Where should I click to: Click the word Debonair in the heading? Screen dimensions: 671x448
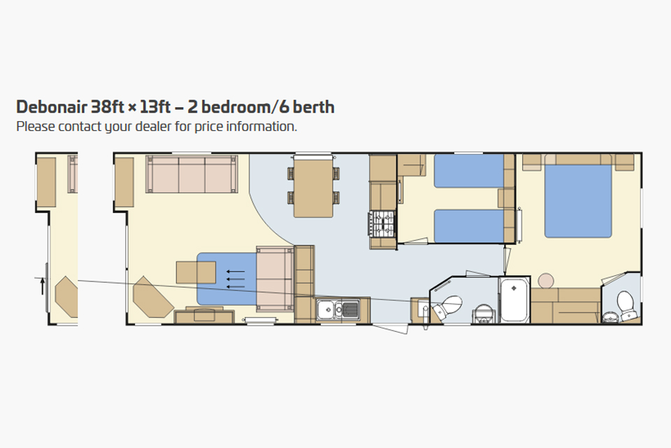52,106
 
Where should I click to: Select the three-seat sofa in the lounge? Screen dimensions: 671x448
192,174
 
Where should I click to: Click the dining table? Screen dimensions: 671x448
313,186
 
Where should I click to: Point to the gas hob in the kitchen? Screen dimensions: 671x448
382,224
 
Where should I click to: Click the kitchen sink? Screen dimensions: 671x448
338,309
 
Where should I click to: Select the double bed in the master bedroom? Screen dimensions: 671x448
578,201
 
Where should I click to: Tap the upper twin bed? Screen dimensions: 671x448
469,171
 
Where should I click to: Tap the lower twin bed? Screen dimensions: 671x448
469,226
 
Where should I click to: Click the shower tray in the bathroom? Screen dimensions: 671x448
514,300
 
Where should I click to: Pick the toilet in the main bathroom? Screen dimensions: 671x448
448,306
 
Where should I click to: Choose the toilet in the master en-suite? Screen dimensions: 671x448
626,305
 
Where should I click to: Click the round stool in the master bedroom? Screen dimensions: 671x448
546,281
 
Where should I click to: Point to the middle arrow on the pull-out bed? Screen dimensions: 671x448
236,279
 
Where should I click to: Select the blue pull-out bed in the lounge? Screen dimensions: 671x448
226,279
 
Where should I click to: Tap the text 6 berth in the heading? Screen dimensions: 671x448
307,106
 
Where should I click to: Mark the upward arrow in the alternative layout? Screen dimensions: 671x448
43,286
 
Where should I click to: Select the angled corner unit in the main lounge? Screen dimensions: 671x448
152,297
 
